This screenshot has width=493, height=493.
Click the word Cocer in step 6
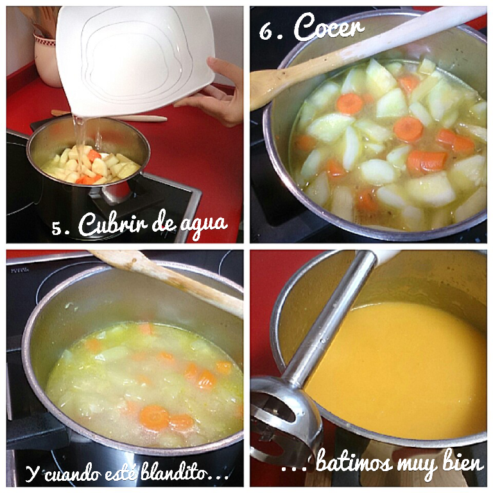(x=329, y=28)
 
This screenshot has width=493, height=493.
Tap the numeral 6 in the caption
(x=266, y=31)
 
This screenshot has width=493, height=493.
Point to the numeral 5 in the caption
(x=57, y=228)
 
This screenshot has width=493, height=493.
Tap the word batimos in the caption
(x=354, y=463)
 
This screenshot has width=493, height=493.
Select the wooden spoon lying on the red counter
(x=110, y=116)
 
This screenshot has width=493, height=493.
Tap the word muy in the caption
(x=417, y=465)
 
